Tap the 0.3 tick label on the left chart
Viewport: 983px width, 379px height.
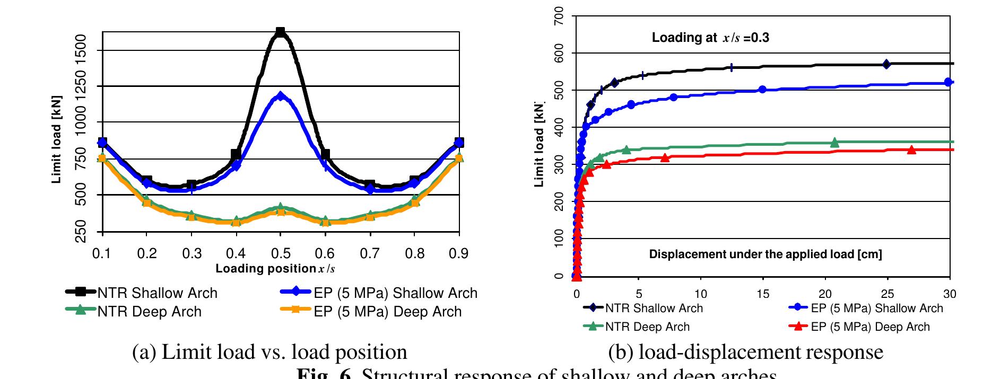[192, 253]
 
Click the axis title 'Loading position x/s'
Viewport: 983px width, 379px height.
[275, 269]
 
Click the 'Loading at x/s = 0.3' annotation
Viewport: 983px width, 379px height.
[710, 38]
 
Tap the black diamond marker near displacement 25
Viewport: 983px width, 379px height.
[886, 64]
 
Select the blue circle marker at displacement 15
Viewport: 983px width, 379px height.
[762, 89]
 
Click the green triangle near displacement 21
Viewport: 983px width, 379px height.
[834, 142]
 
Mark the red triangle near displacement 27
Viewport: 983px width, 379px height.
[911, 149]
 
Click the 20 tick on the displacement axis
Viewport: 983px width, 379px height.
[825, 294]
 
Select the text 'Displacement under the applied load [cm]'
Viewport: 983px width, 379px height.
[765, 254]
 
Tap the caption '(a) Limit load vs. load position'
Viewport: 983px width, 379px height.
[269, 352]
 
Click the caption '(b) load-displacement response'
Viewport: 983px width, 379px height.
[745, 352]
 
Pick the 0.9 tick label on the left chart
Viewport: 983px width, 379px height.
[459, 253]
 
